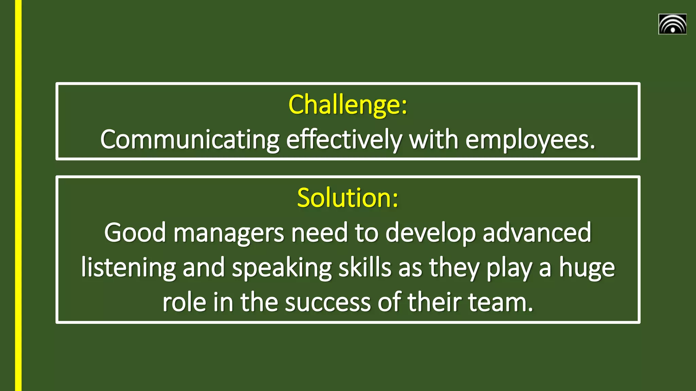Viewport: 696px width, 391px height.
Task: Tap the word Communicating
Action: click(190, 140)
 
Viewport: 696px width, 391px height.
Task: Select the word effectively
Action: click(344, 140)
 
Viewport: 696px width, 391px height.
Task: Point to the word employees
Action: click(530, 140)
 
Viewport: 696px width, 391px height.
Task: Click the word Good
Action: click(135, 233)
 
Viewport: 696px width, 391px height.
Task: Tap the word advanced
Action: click(537, 233)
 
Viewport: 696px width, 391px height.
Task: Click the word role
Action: click(184, 302)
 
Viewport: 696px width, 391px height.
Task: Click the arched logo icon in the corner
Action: click(672, 24)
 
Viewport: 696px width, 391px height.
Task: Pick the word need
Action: click(319, 233)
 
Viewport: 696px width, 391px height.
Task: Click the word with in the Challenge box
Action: click(434, 140)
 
